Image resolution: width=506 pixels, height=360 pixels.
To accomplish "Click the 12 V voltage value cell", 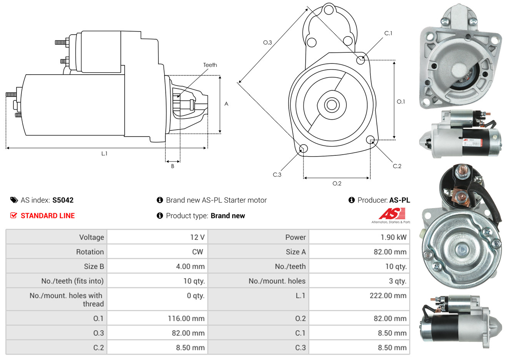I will coord(197,237).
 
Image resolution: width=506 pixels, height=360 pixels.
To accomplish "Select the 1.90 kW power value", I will coord(393,237).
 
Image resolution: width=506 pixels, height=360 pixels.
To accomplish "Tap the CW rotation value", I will coord(198,252).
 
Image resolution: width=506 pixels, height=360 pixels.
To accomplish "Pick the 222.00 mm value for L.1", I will coord(388,296).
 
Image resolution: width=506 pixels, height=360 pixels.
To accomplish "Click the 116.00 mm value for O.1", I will coord(186,318).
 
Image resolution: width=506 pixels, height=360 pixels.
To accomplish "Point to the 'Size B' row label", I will coord(94,267).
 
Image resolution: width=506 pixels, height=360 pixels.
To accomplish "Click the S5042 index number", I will coord(63,200).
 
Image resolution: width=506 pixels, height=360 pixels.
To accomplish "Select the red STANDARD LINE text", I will coord(48,216).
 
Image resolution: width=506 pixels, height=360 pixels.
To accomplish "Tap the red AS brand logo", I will coord(392,213).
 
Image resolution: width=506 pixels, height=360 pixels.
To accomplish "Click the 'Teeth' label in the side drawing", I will coord(210,65).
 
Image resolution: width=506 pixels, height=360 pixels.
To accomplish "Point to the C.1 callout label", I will coord(388,33).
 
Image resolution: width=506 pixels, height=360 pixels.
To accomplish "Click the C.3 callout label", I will coord(277,175).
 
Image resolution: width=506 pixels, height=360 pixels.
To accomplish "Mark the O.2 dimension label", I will coord(337,183).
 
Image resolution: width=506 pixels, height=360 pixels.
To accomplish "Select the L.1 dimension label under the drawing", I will coord(104,153).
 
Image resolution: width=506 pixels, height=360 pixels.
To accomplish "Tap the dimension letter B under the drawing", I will coord(173,166).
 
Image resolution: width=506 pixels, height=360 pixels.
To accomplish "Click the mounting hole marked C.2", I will coord(370,139).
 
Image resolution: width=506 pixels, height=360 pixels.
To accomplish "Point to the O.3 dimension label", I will coord(267,43).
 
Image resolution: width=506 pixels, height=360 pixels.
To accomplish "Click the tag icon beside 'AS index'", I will coord(14,200).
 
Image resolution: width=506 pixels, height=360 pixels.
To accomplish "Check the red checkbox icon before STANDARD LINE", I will coord(14,215).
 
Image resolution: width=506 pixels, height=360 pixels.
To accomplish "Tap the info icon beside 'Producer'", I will coord(351,200).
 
